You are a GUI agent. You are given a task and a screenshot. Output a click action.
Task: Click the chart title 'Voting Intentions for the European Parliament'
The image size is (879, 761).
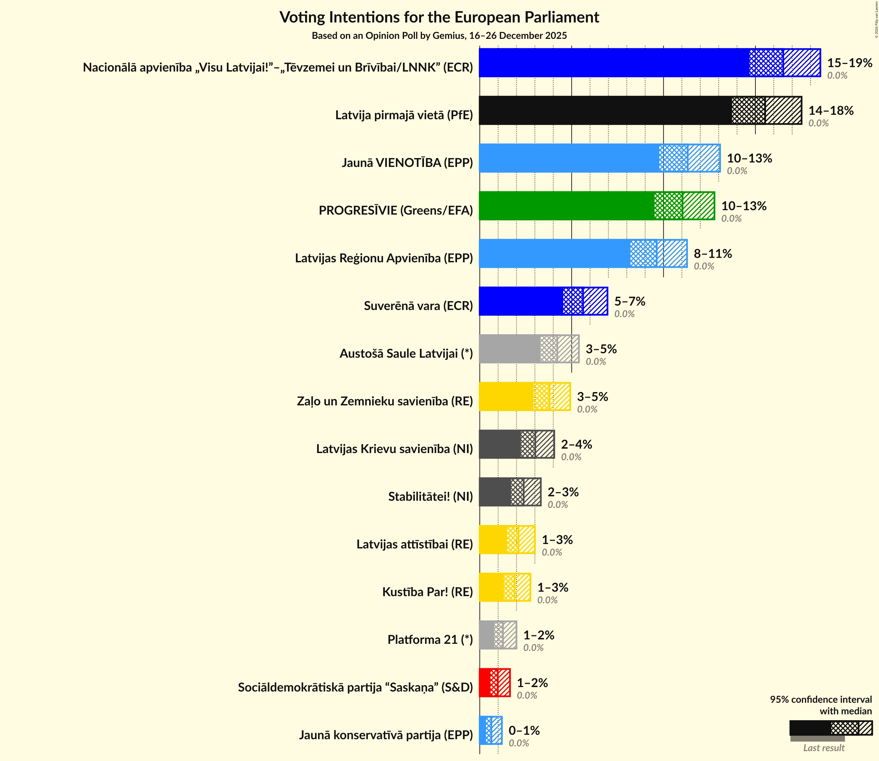pos(439,17)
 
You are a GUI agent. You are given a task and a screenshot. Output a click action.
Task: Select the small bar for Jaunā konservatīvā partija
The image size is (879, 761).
pos(490,730)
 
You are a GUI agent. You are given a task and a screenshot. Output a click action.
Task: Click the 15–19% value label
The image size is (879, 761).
pos(849,63)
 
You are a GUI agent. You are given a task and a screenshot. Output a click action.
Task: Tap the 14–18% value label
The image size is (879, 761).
pos(831,110)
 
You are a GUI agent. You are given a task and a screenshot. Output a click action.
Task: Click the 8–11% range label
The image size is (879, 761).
pos(712,253)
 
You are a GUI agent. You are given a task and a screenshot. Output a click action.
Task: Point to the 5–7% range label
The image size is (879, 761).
pos(629,301)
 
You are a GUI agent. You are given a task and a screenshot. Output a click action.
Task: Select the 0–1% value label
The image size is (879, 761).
pos(524,730)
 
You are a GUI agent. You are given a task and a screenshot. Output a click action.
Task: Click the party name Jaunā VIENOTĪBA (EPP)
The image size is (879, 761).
pos(407,162)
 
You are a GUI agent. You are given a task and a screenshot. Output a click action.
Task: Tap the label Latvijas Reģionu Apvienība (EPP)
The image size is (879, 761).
pos(383,258)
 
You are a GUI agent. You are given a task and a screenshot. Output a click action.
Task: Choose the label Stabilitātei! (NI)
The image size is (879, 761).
pos(430,496)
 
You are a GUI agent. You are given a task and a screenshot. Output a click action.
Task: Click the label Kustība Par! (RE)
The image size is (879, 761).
pos(427,592)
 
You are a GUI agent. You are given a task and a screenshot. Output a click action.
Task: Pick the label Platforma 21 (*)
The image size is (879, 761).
pos(430,639)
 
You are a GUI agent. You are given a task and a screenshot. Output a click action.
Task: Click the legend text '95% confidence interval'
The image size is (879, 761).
pos(820,699)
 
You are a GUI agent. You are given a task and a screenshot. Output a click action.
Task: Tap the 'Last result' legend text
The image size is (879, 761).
pos(823,748)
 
